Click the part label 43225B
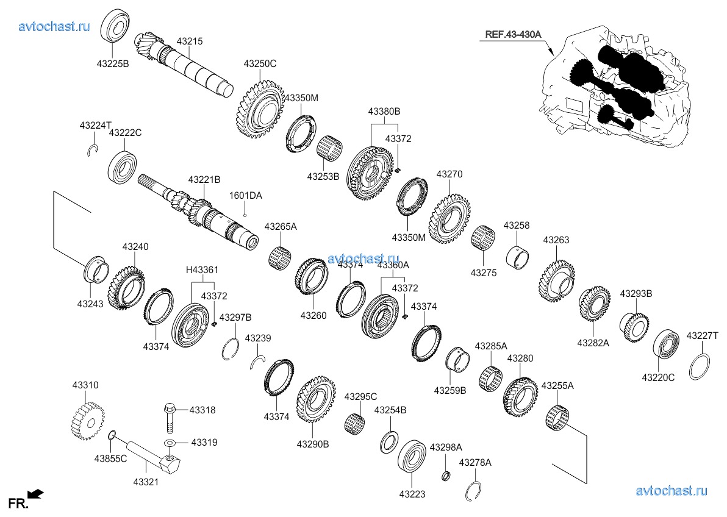(x=112, y=63)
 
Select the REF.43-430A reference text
(x=513, y=34)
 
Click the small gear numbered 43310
(x=85, y=419)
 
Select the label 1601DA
(x=245, y=196)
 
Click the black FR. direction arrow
(x=36, y=493)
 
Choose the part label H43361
(x=202, y=270)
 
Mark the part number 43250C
(x=260, y=63)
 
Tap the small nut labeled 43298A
(x=446, y=476)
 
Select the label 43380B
(x=384, y=112)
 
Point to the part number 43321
(x=146, y=482)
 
